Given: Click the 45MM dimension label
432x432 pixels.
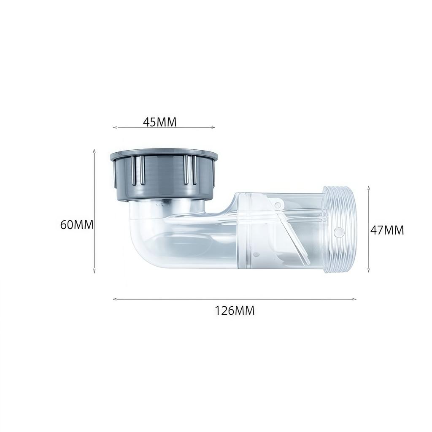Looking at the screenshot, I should click(x=160, y=122).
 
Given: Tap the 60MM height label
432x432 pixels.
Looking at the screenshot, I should click(x=77, y=224).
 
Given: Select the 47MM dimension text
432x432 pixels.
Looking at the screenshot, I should click(x=387, y=230).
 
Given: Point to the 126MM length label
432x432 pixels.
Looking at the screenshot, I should click(x=235, y=311).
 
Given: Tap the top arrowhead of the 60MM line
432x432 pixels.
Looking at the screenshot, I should click(x=94, y=150).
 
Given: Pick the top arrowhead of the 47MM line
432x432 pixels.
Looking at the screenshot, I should click(x=369, y=187).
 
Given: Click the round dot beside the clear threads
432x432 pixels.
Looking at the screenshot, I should click(x=338, y=231).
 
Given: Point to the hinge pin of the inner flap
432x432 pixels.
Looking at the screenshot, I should click(x=278, y=205).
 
